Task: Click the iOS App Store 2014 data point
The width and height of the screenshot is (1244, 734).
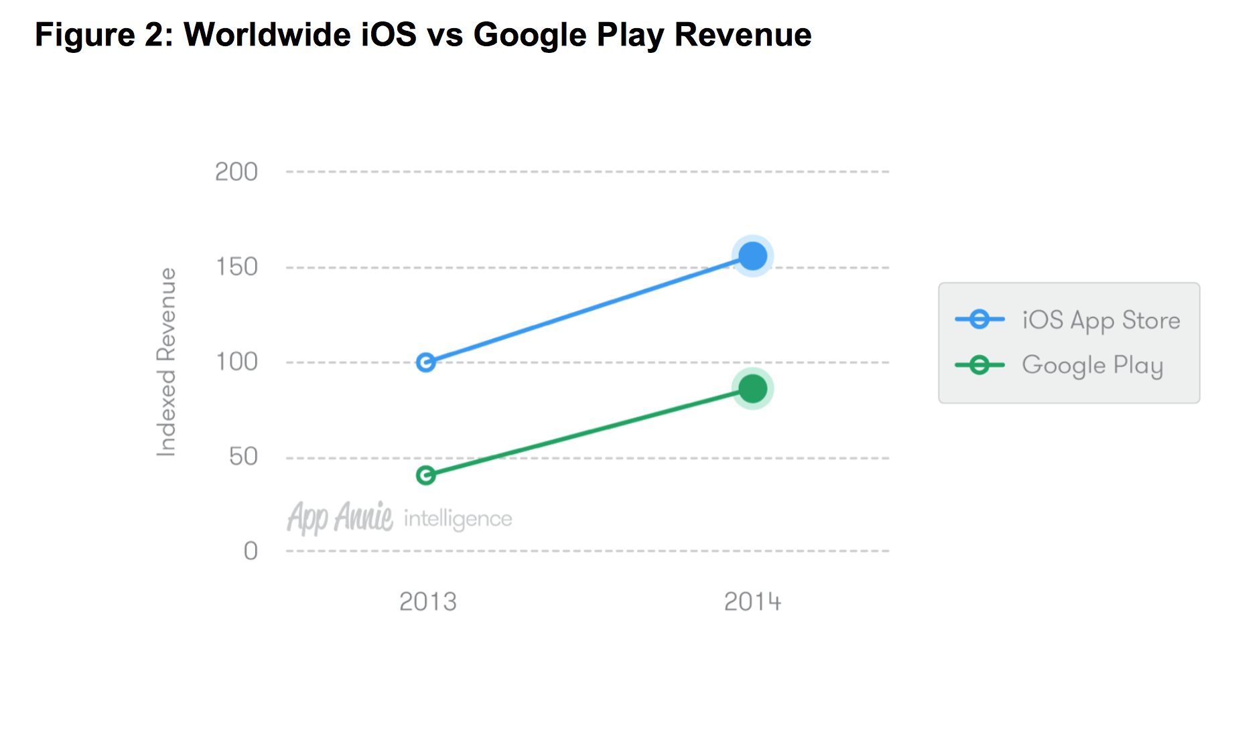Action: (x=752, y=256)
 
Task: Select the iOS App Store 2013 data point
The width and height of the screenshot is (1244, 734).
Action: (x=425, y=362)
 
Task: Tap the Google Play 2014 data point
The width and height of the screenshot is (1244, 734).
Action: (x=752, y=388)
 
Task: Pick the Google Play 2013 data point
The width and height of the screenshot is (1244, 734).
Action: (x=425, y=475)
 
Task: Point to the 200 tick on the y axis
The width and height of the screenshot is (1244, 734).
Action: (x=236, y=172)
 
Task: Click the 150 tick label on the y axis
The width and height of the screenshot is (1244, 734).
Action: (x=236, y=267)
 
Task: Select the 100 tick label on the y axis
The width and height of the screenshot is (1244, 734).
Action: (x=236, y=362)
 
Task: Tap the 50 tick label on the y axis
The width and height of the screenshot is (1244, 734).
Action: (x=243, y=457)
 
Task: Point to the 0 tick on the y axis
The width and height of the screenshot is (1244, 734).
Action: (x=250, y=551)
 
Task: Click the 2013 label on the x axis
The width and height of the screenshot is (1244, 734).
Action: (x=427, y=602)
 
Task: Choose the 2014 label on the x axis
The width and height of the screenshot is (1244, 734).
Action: (x=752, y=602)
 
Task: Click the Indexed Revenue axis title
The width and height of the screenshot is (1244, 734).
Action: (x=166, y=362)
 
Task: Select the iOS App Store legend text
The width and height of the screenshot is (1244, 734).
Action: (x=1101, y=321)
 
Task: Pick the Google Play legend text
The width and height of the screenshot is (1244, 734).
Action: (x=1092, y=366)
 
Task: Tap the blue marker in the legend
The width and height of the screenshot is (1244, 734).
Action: (x=979, y=319)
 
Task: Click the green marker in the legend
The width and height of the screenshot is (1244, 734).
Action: (x=979, y=365)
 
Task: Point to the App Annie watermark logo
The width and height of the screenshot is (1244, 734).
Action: (x=340, y=518)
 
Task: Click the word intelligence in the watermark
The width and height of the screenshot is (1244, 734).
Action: (x=458, y=519)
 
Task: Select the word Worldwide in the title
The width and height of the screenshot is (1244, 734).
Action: (x=267, y=35)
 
